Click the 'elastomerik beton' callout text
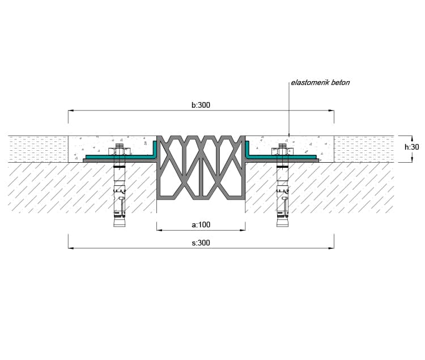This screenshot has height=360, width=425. [320, 83]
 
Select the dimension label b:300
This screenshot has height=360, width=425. [201, 105]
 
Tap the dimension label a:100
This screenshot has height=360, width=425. [201, 225]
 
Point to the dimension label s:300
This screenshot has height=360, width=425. [201, 243]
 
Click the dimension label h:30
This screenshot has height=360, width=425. [412, 147]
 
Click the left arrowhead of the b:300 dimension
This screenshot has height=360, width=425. [71, 111]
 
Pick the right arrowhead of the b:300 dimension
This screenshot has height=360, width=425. [331, 111]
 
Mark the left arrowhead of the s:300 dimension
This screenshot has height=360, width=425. [71, 248]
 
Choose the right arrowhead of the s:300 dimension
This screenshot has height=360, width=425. [331, 248]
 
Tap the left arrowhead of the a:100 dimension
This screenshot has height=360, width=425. [160, 230]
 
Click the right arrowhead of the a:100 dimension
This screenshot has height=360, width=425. [243, 230]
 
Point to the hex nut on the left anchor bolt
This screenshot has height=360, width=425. [120, 151]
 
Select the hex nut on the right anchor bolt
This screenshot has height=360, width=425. [282, 151]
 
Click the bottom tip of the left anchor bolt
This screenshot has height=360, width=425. [120, 226]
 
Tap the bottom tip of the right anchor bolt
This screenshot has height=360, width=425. [282, 226]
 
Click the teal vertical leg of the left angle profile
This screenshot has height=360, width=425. [155, 149]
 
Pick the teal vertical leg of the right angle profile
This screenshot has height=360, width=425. [248, 149]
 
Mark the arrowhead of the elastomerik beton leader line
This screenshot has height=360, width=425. [289, 134]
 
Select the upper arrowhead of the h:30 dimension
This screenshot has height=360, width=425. [412, 138]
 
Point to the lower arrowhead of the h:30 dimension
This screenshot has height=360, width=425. [412, 159]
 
